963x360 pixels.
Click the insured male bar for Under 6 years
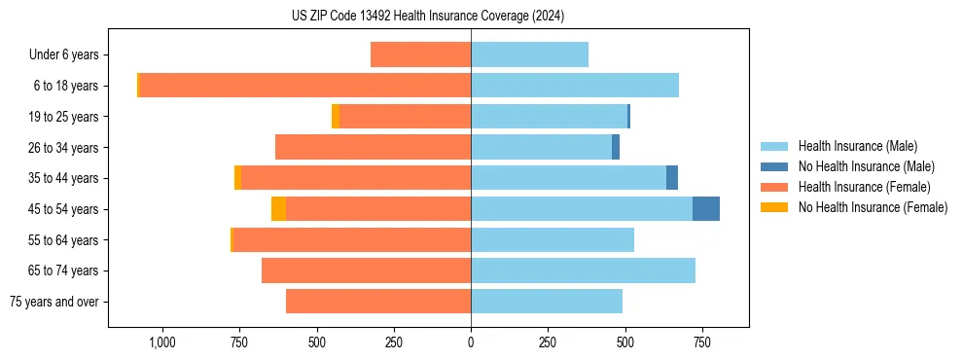click(x=529, y=54)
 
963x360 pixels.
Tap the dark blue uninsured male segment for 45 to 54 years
click(x=705, y=208)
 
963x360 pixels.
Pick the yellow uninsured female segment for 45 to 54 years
click(x=278, y=208)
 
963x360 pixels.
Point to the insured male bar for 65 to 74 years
click(x=583, y=270)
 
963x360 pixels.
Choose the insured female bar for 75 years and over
click(x=378, y=302)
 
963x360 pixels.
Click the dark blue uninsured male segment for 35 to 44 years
click(x=671, y=178)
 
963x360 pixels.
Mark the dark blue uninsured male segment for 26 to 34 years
click(x=615, y=147)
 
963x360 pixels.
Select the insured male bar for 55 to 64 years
click(x=553, y=239)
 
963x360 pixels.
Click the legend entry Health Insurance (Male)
click(x=857, y=146)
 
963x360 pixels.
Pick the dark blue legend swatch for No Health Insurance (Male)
click(x=774, y=166)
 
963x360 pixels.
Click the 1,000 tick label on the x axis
click(x=162, y=342)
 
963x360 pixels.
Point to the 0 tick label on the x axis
click(x=471, y=342)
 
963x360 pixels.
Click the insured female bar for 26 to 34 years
click(x=373, y=147)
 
